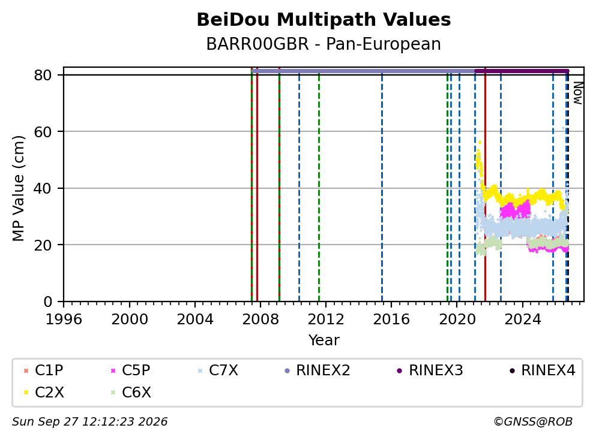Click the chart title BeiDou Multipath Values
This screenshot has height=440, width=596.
point(324,20)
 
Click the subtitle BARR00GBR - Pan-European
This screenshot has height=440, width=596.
point(324,44)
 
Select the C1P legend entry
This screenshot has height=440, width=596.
point(43,370)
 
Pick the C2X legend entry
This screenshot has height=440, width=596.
point(43,392)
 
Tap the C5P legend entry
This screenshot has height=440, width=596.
point(130,370)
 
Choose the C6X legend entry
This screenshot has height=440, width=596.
point(130,392)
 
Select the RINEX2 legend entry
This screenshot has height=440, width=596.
point(317,370)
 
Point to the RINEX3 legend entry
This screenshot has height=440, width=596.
point(430,370)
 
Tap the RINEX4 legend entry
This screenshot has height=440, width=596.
point(543,370)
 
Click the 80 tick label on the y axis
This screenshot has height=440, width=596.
point(43,75)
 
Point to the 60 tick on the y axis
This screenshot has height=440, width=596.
point(43,132)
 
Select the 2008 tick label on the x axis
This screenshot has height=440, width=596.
point(260,320)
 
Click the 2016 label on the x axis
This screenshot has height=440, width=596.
point(391,320)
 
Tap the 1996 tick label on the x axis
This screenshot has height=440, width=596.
point(64,320)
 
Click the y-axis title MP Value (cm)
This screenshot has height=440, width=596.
point(18,188)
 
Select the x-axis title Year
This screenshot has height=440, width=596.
point(324,340)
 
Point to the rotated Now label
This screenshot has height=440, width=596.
point(578,93)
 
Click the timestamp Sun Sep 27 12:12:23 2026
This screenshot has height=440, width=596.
point(89,422)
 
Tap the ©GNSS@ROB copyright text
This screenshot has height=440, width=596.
point(533,422)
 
